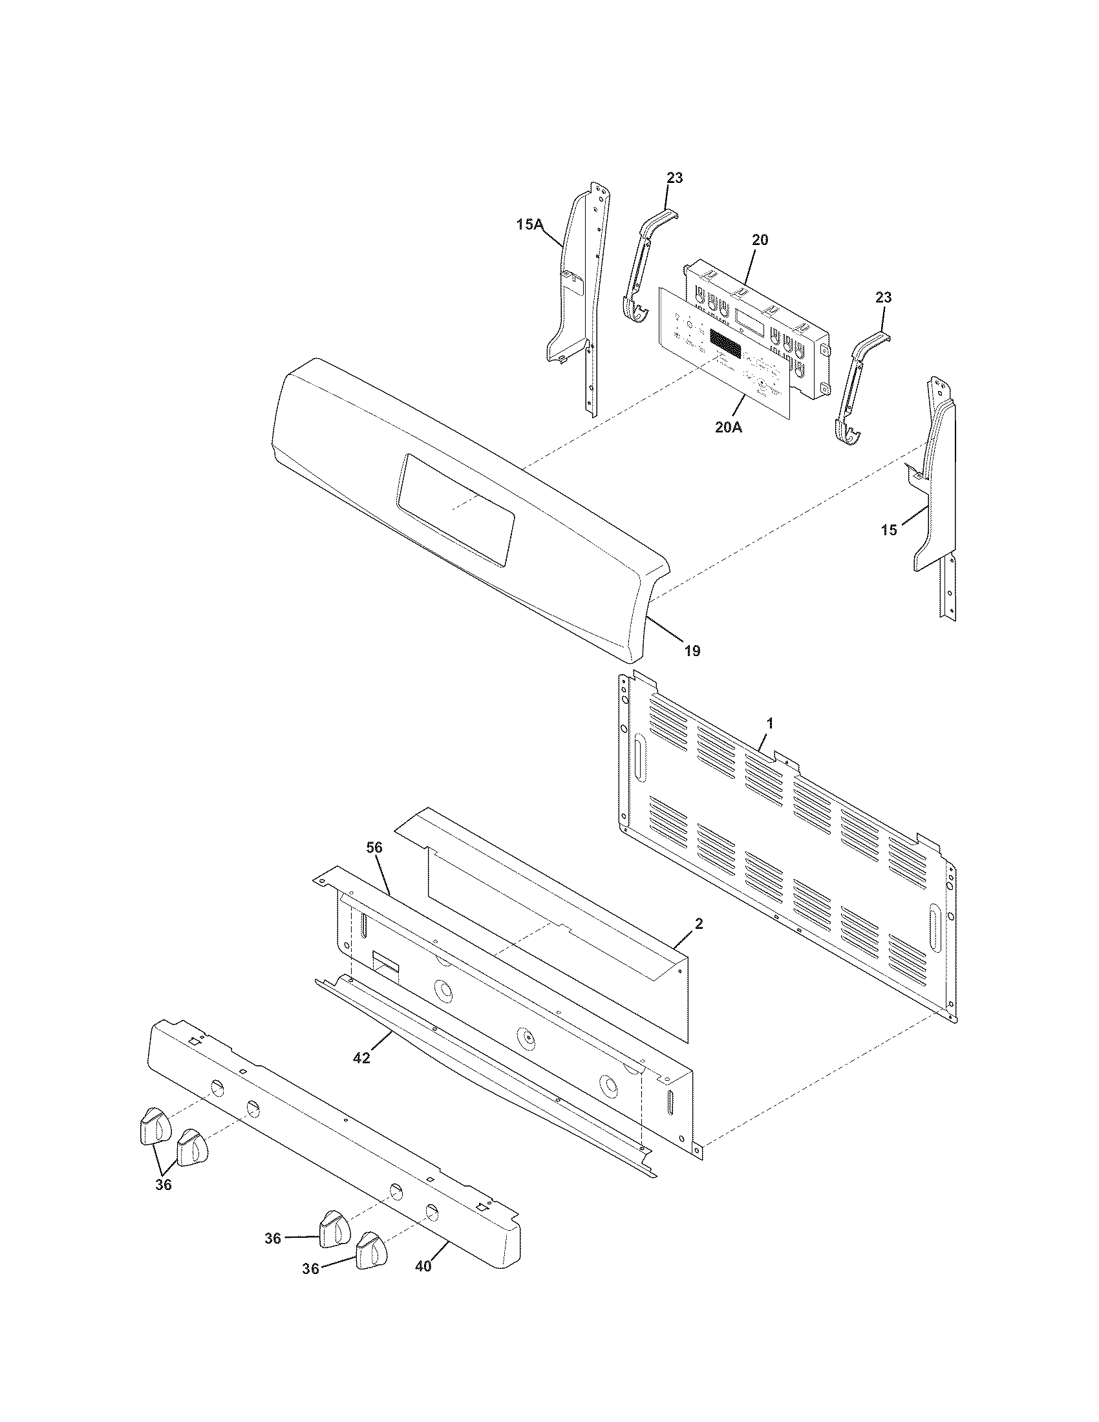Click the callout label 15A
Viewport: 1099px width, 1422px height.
point(529,225)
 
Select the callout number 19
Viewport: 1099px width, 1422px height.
point(692,650)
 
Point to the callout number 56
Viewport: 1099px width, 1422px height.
point(374,847)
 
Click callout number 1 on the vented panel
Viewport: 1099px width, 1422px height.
point(769,723)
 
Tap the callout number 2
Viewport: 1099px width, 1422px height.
point(698,922)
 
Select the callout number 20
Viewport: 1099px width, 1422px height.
point(760,240)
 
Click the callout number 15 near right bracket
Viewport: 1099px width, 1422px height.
point(889,530)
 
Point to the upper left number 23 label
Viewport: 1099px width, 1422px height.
point(674,177)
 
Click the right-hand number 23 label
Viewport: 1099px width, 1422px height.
point(884,297)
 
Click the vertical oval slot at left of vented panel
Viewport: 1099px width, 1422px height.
point(639,759)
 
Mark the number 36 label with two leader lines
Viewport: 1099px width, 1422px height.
point(164,1185)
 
